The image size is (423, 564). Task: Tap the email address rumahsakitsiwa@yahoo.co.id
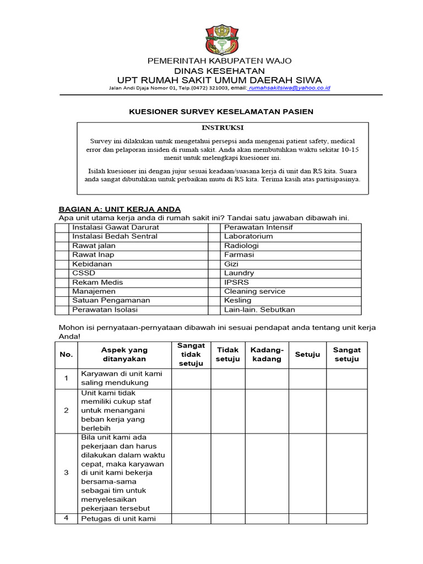pyautogui.click(x=290, y=88)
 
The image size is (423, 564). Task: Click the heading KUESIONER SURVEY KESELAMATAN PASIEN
pyautogui.click(x=221, y=112)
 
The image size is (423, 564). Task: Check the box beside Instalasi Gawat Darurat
pyautogui.click(x=62, y=227)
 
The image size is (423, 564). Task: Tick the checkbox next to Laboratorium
pyautogui.click(x=214, y=236)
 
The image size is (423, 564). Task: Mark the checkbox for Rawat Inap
pyautogui.click(x=62, y=255)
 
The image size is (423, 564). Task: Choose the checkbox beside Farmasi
pyautogui.click(x=214, y=255)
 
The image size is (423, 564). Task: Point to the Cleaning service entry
pyautogui.click(x=254, y=291)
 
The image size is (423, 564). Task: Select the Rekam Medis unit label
pyautogui.click(x=97, y=282)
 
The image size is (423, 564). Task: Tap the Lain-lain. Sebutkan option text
pyautogui.click(x=259, y=310)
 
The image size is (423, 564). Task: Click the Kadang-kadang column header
pyautogui.click(x=267, y=355)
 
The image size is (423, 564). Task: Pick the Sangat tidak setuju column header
pyautogui.click(x=191, y=355)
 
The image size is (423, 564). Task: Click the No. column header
pyautogui.click(x=66, y=355)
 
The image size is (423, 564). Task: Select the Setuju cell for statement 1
pyautogui.click(x=307, y=378)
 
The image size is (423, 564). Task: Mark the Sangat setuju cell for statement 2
pyautogui.click(x=346, y=411)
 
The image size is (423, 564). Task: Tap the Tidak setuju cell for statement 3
pyautogui.click(x=228, y=473)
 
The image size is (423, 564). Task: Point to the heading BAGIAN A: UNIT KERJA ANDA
pyautogui.click(x=120, y=209)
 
